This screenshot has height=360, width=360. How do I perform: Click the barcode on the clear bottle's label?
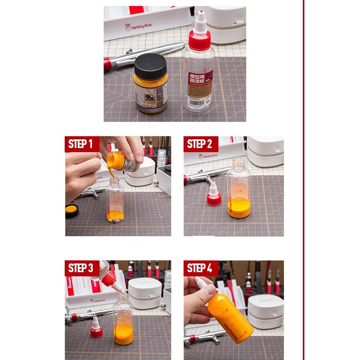click(x=196, y=102)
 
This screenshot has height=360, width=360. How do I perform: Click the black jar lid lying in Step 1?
click(x=72, y=210)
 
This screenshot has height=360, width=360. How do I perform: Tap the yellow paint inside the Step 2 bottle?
click(x=238, y=208)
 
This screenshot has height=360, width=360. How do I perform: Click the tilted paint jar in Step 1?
click(x=122, y=161)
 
